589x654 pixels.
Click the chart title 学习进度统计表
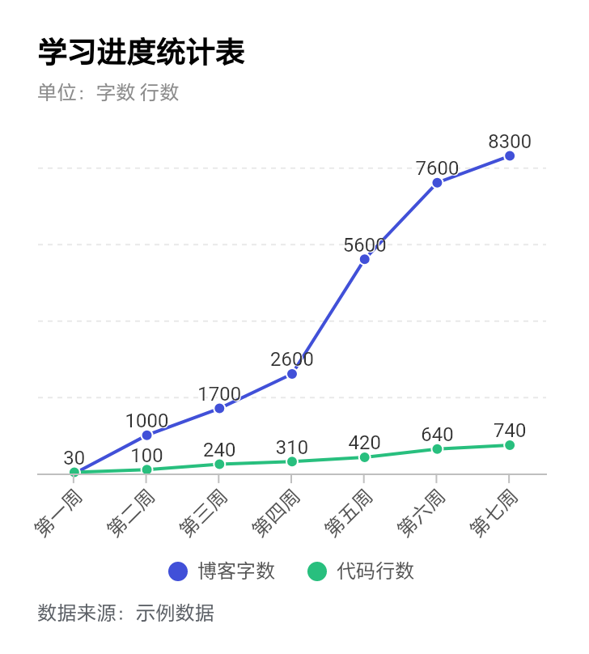point(141,53)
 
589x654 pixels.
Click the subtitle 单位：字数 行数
point(108,92)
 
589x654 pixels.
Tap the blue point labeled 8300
point(510,155)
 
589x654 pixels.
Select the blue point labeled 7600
point(437,182)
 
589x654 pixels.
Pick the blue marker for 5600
point(365,259)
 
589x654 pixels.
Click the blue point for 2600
point(292,374)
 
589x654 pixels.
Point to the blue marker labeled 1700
point(219,409)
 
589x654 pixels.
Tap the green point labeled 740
point(510,445)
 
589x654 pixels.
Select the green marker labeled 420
point(365,457)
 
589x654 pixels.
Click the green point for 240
point(219,464)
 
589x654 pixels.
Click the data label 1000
point(147,421)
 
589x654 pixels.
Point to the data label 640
point(437,435)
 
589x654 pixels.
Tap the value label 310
point(292,448)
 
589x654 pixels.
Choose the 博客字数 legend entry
point(222,571)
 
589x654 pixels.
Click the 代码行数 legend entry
point(362,571)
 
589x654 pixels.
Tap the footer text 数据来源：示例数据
point(125,614)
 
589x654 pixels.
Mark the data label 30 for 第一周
point(74,458)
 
